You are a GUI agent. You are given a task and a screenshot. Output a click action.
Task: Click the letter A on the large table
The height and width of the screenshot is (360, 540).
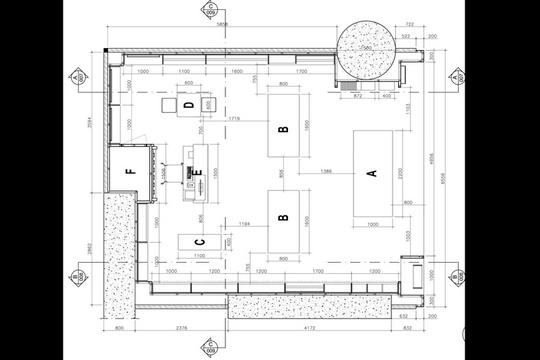coord(372,174)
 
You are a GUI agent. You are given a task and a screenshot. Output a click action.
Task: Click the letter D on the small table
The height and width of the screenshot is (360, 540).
coord(188,104)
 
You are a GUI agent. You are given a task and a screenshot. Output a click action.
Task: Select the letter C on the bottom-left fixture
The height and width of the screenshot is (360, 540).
coord(198,242)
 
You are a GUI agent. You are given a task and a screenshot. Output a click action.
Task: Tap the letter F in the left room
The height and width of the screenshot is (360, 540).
coord(130,171)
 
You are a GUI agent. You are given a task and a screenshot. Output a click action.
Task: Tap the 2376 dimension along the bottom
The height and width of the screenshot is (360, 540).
coord(180,326)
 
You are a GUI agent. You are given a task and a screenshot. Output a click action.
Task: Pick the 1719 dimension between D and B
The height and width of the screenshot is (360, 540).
coord(233,119)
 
